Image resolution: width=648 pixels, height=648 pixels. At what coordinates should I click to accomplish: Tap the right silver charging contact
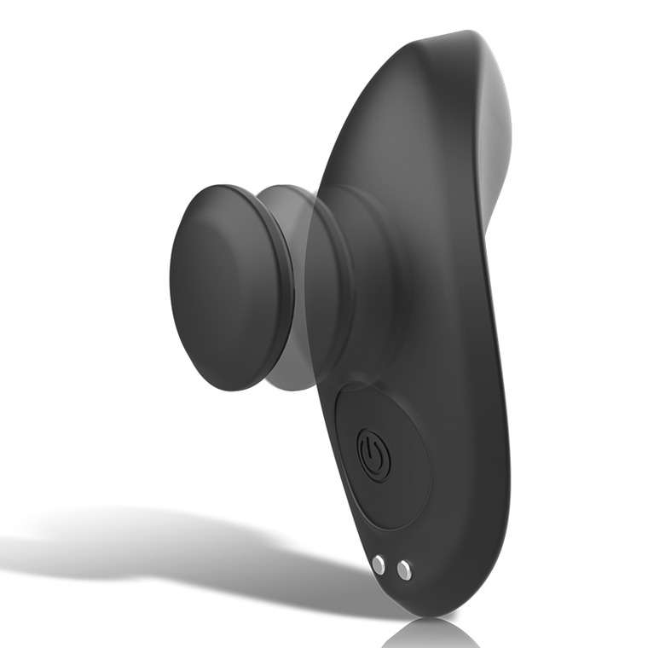click(x=404, y=570)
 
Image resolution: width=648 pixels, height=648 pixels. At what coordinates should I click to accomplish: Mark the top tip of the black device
click(x=465, y=36)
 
